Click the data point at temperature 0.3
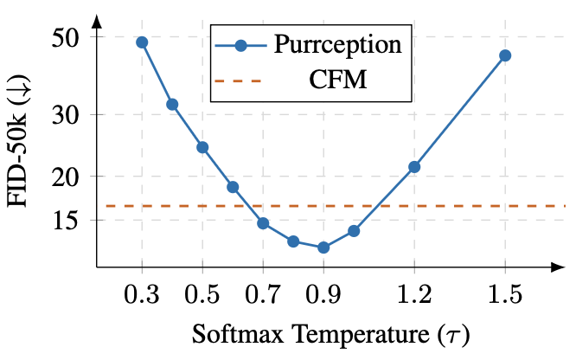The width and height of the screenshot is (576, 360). tap(142, 42)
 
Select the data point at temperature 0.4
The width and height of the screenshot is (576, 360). tap(172, 105)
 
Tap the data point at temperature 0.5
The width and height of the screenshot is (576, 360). tap(202, 147)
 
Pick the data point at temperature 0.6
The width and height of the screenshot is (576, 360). tap(233, 187)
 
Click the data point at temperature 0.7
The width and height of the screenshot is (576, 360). tap(263, 223)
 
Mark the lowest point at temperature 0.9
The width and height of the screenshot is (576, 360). tap(323, 247)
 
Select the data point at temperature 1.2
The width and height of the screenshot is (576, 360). tap(414, 167)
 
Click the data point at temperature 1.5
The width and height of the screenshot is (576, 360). tap(505, 55)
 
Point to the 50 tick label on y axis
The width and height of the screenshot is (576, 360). tap(65, 37)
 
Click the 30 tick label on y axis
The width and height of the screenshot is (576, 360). tap(65, 114)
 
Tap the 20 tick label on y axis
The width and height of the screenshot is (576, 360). tap(65, 176)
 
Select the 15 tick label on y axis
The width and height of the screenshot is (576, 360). tap(65, 221)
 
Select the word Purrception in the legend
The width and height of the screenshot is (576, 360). tap(337, 45)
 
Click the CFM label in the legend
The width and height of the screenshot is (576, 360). tap(337, 81)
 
